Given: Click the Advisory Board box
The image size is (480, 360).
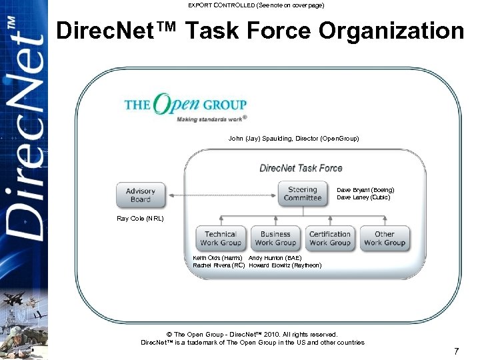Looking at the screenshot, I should (x=141, y=195).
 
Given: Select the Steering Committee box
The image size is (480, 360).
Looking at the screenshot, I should (x=303, y=193).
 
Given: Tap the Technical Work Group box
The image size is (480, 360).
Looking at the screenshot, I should (x=221, y=239).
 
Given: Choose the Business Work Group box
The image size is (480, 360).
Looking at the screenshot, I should (x=275, y=239).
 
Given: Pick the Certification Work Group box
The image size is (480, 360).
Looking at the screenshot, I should (x=330, y=239).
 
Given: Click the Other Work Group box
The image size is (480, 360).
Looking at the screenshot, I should (x=385, y=239).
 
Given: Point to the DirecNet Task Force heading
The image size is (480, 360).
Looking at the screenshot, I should (x=301, y=168).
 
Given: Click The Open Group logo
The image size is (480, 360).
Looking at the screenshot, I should (x=185, y=107).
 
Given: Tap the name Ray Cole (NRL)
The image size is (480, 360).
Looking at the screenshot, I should (x=140, y=219).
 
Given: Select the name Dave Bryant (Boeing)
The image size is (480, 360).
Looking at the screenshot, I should (x=365, y=190).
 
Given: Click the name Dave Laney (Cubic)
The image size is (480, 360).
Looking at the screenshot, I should (x=363, y=197).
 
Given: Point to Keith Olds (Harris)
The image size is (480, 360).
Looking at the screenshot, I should (x=217, y=258).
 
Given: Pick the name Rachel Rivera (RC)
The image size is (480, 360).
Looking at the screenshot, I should (x=219, y=265).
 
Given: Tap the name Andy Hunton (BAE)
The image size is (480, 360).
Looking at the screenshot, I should (x=275, y=258).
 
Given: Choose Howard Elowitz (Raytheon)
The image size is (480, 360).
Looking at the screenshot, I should (x=285, y=265).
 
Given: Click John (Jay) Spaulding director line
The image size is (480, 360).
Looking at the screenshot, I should (x=293, y=139).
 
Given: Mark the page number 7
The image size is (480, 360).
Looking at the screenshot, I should (x=457, y=351).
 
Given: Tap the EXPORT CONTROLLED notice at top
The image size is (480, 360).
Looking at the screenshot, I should (x=256, y=5).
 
